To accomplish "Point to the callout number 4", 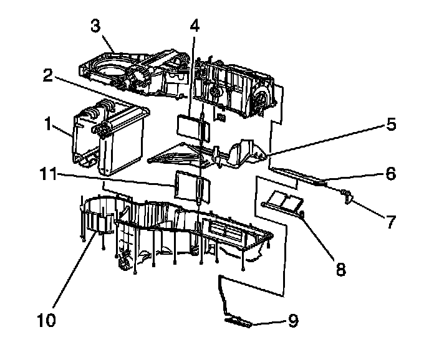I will [x=195, y=26].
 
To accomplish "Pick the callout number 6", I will [x=390, y=174].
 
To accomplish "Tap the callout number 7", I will [x=390, y=221].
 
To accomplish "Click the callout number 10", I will [x=47, y=320].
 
